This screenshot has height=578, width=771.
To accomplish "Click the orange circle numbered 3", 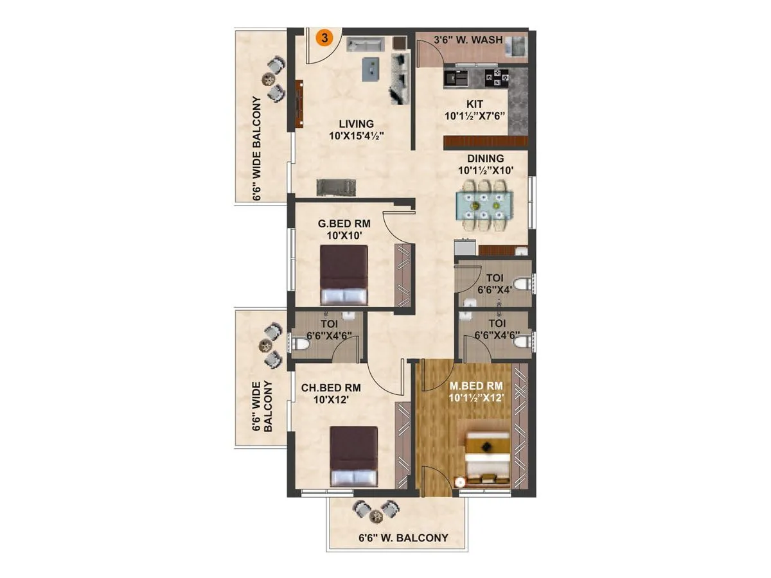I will click(324, 38).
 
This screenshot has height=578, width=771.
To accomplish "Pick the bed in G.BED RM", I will click(344, 275).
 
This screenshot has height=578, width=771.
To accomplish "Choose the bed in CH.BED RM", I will click(354, 456).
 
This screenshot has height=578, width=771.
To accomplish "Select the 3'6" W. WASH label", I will click(468, 40).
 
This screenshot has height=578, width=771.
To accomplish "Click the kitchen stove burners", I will click(497, 78).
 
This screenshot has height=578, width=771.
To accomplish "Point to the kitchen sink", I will click(457, 78).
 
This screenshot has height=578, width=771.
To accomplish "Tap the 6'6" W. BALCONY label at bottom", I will click(403, 538).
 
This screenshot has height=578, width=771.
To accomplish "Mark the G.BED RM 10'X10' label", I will click(344, 229).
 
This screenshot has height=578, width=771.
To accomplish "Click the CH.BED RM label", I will click(331, 394).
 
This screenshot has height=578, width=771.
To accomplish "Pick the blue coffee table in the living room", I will click(371, 69).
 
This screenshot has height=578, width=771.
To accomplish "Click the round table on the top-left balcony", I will click(268, 78).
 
